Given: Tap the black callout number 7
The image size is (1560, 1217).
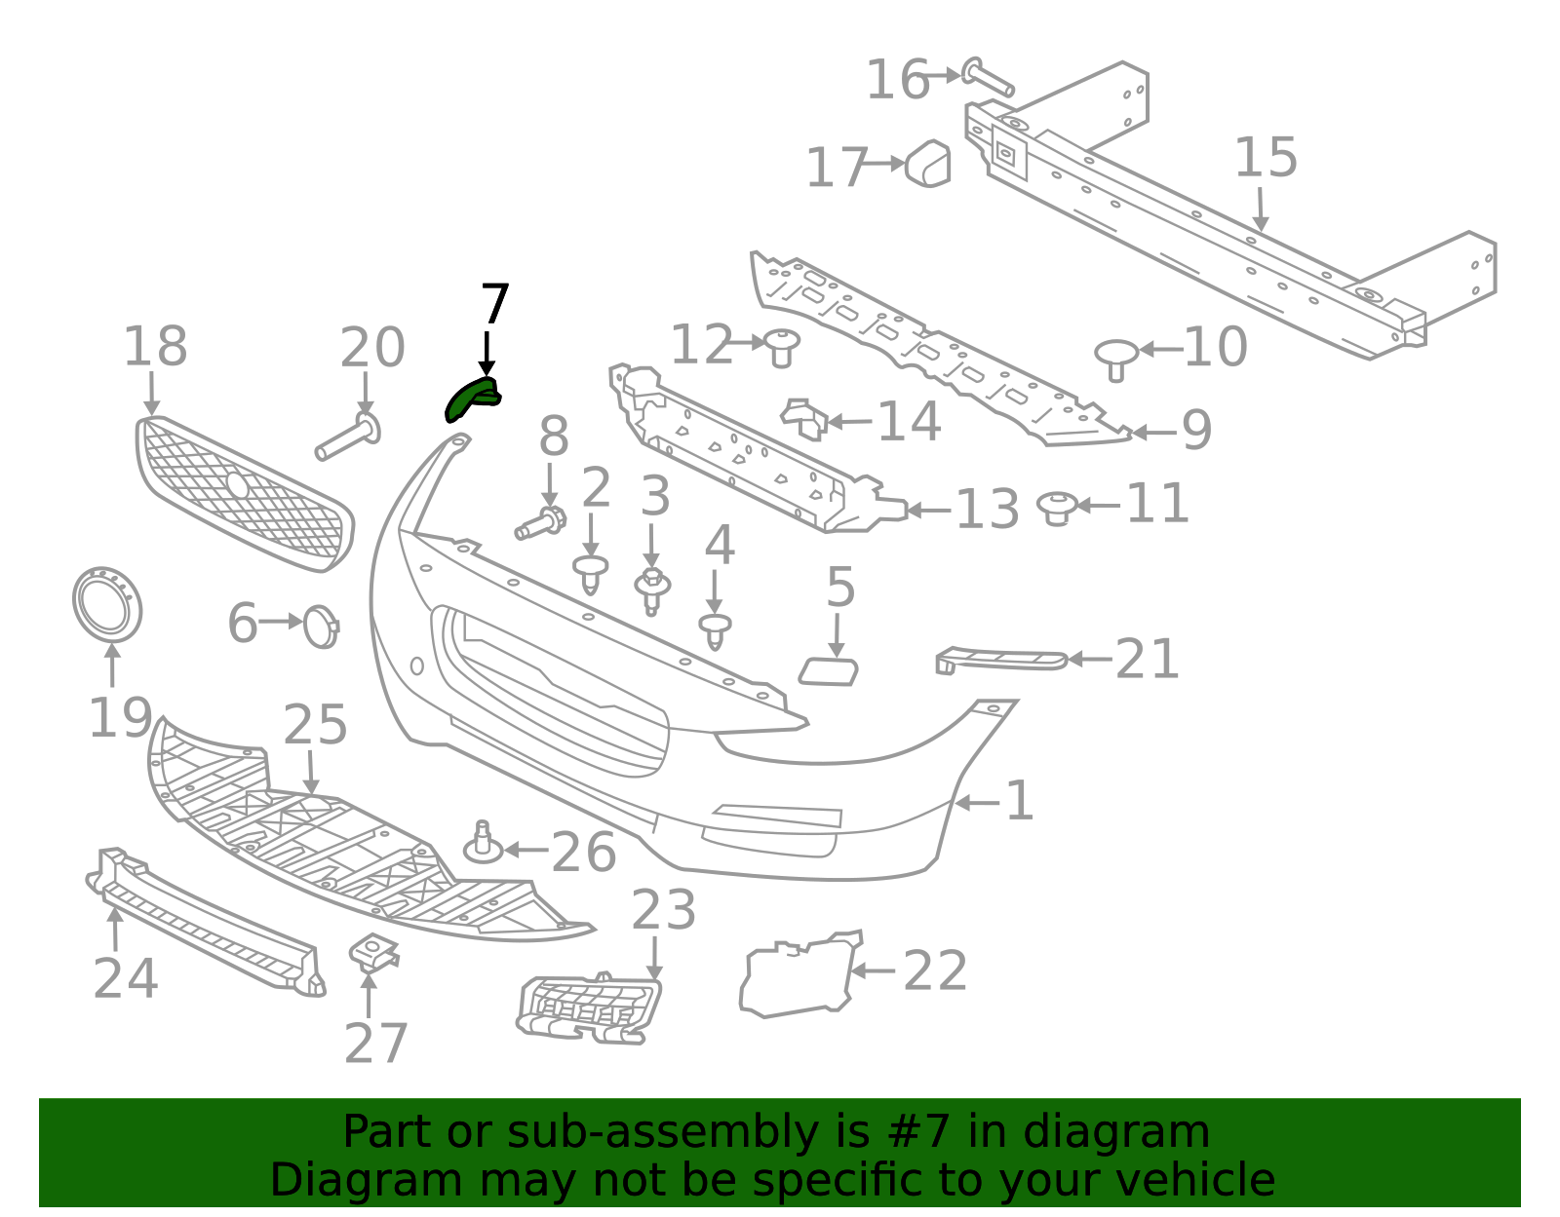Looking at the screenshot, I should click(494, 305).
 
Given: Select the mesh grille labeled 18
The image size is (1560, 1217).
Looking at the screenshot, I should click(244, 494).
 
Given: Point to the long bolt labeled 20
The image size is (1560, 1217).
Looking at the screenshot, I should click(347, 437).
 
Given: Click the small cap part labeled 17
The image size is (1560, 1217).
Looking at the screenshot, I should click(928, 163).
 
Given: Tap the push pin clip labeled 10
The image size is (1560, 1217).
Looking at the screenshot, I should click(1116, 358).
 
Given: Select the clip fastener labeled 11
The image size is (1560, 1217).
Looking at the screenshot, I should click(1057, 508).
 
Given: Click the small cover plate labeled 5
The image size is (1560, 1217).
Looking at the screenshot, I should click(830, 671).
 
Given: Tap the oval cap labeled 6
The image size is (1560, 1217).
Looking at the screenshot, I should click(321, 627).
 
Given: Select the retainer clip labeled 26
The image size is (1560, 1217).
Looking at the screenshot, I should click(483, 845).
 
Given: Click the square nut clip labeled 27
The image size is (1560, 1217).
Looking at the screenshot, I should click(373, 952).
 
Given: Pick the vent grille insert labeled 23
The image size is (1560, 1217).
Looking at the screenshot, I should click(589, 1009).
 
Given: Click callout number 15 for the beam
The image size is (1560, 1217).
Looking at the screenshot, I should click(1266, 159).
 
